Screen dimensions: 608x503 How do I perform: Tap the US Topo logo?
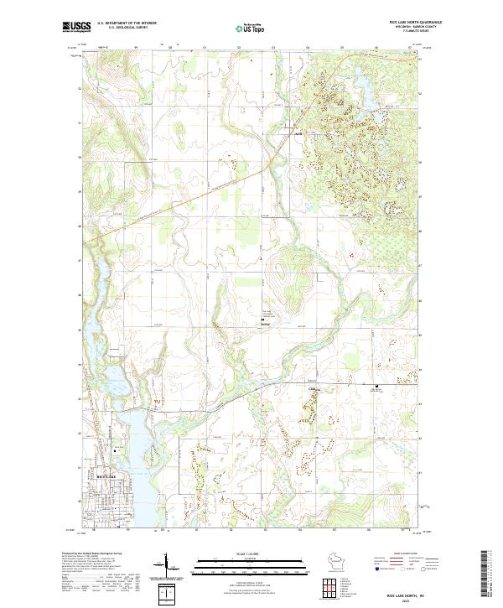(251, 27)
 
